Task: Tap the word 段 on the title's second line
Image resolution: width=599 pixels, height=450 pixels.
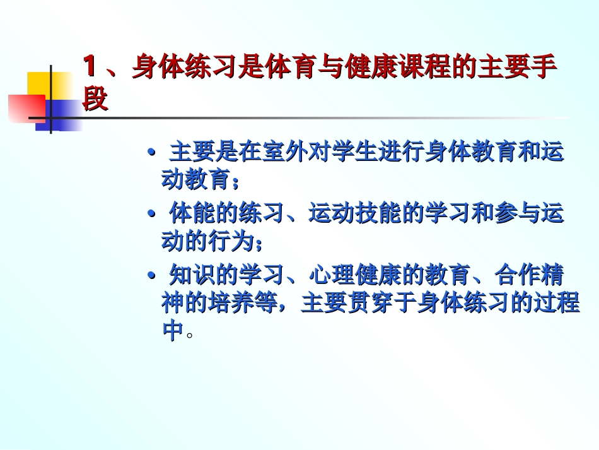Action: tap(95, 99)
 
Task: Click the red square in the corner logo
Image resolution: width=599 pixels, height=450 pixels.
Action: tap(26, 108)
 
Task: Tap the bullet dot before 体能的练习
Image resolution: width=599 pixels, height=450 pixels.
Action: tap(151, 214)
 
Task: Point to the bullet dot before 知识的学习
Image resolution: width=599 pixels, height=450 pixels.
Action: tap(151, 276)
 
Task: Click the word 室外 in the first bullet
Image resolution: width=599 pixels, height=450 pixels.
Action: tap(274, 153)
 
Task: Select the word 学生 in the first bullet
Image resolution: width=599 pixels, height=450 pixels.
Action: tap(344, 153)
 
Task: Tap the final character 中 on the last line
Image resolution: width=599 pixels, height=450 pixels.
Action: tap(173, 331)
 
